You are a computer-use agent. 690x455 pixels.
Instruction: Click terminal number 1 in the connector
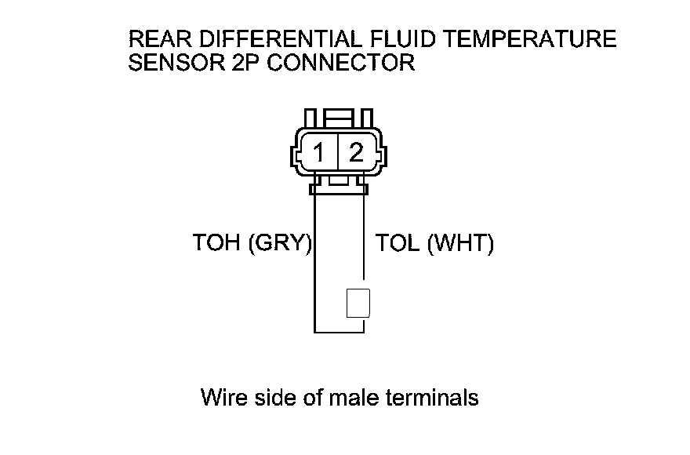pos(319,151)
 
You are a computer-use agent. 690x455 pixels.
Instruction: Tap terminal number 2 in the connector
pos(357,151)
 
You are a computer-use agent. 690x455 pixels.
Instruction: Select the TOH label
pos(217,244)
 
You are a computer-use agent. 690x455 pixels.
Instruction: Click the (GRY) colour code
pos(280,244)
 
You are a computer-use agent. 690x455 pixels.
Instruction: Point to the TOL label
pos(398,244)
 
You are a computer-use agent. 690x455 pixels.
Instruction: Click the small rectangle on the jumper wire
pos(358,303)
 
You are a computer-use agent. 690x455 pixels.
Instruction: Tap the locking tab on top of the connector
pos(338,120)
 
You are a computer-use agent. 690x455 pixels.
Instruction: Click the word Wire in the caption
pos(224,398)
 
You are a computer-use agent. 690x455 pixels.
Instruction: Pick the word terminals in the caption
pos(433,398)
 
